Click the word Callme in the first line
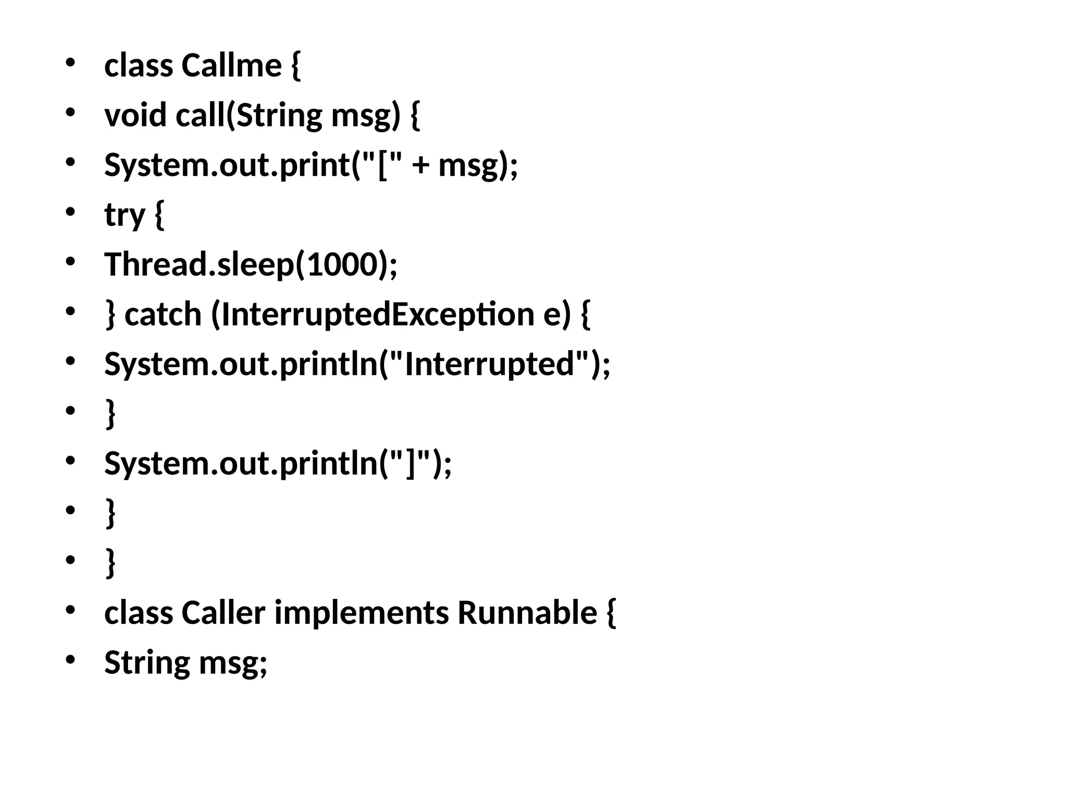231,66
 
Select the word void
135,115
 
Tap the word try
125,215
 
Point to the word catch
163,315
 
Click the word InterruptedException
378,315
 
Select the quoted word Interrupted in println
489,364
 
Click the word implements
361,612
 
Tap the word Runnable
527,612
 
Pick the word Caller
223,612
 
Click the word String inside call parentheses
279,115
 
